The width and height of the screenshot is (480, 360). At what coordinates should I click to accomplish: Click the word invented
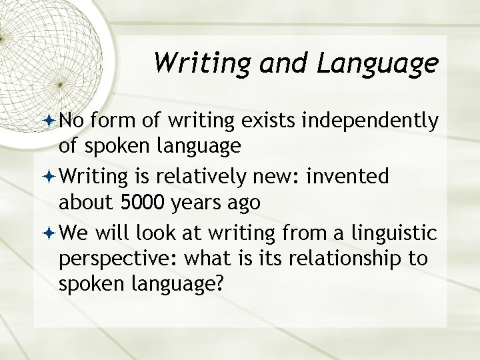356,178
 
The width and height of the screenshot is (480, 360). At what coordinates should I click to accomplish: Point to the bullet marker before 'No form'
50,121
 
